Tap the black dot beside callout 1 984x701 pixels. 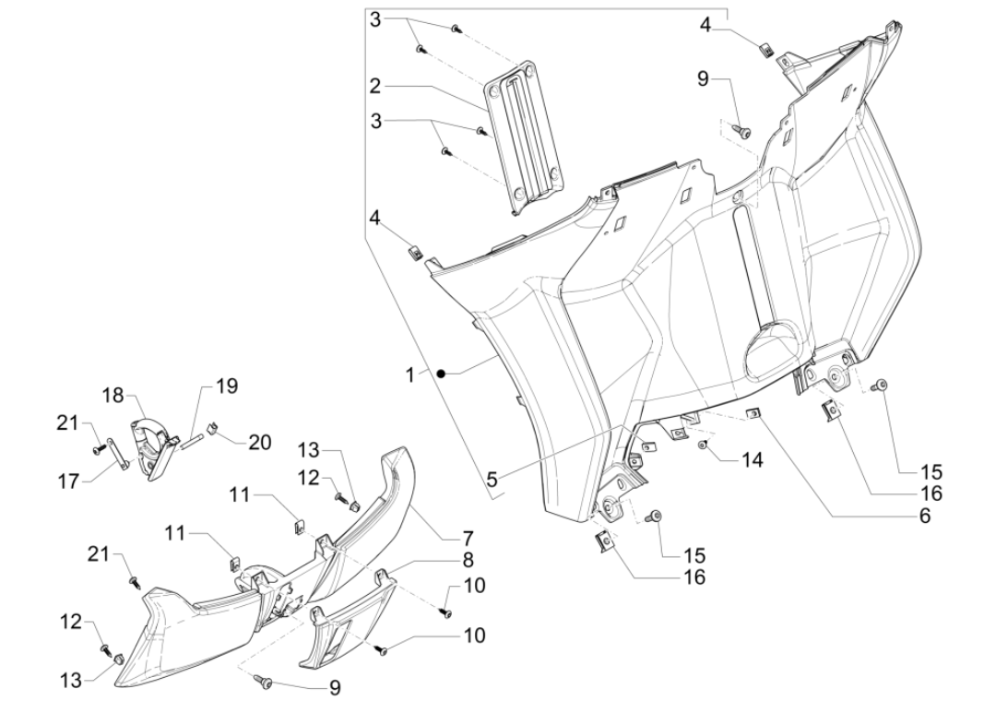click(443, 373)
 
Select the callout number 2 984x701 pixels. click(375, 86)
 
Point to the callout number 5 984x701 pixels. click(492, 479)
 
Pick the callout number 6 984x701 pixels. click(922, 517)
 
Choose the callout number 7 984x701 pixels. click(468, 537)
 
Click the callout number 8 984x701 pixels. click(468, 559)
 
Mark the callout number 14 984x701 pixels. click(753, 458)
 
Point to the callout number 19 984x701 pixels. click(227, 386)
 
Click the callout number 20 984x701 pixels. click(259, 442)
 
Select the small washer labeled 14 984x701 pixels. click(703, 446)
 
